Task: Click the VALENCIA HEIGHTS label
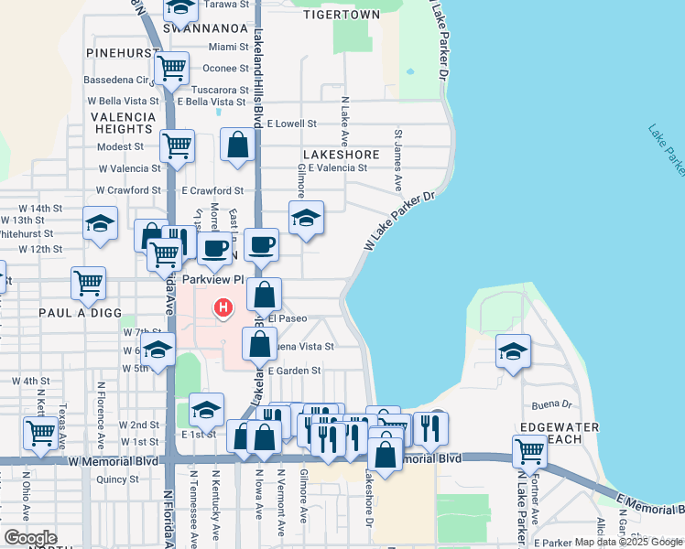click(123, 124)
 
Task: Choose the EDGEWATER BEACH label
click(559, 433)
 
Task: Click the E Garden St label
click(294, 371)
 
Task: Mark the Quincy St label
click(117, 479)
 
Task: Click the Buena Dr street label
click(551, 404)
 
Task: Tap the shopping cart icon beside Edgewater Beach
click(529, 449)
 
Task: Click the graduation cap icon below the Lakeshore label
click(306, 218)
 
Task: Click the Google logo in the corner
click(30, 538)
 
